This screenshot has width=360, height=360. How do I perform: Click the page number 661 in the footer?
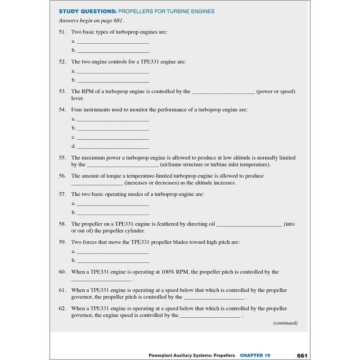302,355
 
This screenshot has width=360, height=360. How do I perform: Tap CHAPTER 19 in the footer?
255,355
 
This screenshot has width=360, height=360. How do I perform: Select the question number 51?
63,32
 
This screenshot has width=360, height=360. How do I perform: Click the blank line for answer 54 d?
113,147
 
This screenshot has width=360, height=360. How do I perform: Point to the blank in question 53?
223,92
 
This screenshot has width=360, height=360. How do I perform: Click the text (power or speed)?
276,92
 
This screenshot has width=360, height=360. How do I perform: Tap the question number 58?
63,224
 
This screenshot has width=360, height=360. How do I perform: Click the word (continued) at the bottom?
285,323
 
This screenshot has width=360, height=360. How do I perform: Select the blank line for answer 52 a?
113,72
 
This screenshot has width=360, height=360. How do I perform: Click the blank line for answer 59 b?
113,261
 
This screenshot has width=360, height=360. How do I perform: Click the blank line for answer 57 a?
113,204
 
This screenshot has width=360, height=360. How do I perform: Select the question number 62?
63,309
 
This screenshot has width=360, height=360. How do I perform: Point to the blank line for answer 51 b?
113,51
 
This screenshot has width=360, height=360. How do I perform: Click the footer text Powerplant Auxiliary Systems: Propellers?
192,355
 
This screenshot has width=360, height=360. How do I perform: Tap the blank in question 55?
122,165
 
